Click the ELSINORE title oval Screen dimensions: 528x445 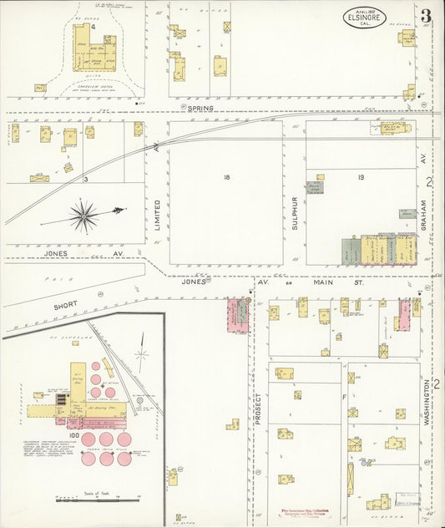[x=363, y=17]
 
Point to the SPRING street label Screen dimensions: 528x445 [x=200, y=108]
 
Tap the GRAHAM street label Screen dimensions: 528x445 [x=423, y=215]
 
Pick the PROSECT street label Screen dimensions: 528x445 [x=259, y=409]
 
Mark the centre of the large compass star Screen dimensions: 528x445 [x=83, y=216]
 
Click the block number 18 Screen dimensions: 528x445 [x=226, y=177]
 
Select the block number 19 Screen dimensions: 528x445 [x=362, y=177]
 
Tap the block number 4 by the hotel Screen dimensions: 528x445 [x=94, y=27]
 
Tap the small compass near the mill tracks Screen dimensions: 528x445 [x=143, y=360]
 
